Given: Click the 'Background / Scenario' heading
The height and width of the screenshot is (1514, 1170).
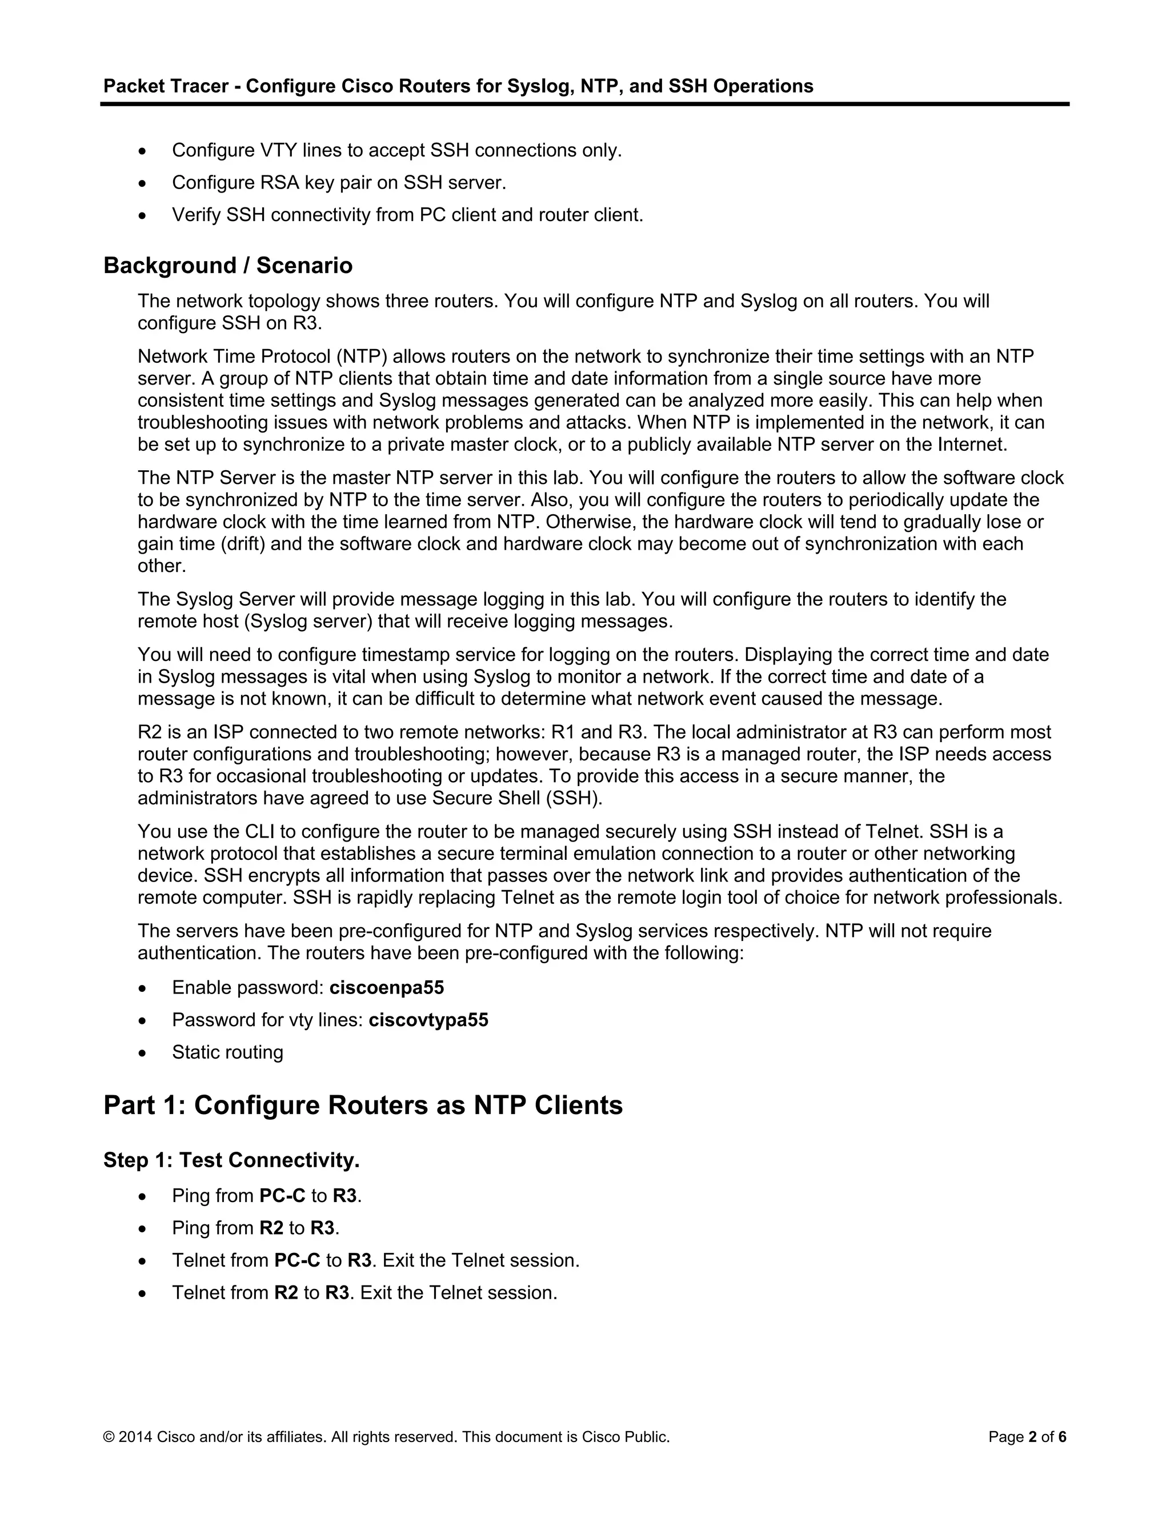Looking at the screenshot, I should (227, 266).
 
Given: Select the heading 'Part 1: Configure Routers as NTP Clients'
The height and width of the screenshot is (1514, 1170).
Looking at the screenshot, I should (363, 1105).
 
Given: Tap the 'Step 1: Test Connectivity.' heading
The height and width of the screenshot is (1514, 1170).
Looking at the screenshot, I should (231, 1160).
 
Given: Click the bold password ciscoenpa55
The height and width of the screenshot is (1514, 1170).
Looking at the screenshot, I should (386, 988).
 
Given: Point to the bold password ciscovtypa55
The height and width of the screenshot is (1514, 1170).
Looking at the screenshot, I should (428, 1020).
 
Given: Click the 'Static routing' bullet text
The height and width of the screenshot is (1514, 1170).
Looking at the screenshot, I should (227, 1052).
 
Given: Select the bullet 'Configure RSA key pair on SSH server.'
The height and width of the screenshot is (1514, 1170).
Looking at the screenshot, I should (339, 182).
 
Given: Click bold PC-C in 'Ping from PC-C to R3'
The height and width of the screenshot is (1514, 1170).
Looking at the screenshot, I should (282, 1196).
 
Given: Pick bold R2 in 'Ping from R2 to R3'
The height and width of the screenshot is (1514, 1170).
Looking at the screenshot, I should (271, 1228).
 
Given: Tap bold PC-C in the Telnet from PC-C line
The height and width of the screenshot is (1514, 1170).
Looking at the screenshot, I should (296, 1260).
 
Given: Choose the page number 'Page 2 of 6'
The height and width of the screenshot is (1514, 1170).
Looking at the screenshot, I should (1027, 1437).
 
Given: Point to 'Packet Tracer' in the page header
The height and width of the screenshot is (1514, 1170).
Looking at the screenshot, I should (166, 86).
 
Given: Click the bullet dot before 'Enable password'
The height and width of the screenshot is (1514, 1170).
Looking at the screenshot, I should (143, 988).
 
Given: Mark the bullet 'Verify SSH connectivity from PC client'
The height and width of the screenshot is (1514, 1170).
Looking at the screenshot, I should (407, 215).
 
